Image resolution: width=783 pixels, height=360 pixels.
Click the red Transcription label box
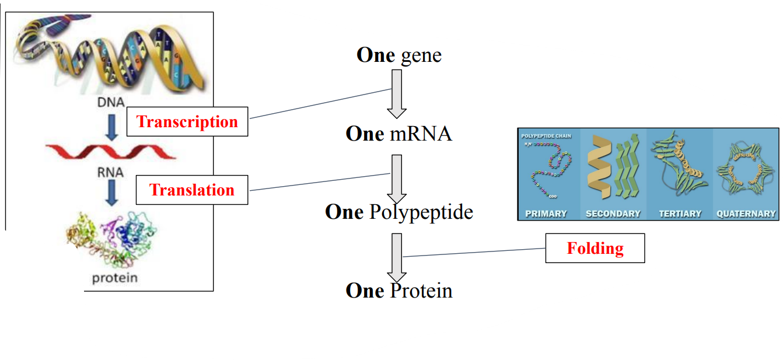pos(187,122)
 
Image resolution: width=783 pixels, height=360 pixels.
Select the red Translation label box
pos(192,190)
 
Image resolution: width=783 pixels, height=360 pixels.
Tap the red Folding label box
pos(595,249)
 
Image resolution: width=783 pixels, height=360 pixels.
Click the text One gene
pos(399,55)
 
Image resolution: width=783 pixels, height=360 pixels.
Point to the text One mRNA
pos(399,134)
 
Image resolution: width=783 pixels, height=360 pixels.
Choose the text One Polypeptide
pos(399,212)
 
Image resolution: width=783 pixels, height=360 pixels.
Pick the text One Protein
pos(399,291)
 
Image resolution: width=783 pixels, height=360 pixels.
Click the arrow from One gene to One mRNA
pos(397,93)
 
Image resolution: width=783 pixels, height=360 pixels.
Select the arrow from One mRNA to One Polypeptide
pos(397,178)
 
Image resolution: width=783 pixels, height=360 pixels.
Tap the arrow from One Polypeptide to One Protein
pos(397,257)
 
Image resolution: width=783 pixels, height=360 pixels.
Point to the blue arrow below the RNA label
pos(110,195)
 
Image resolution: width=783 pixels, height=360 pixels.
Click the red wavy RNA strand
pos(110,152)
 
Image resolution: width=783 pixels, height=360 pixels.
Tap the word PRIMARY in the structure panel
pos(546,214)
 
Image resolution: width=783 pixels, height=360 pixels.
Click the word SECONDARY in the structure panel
pos(613,214)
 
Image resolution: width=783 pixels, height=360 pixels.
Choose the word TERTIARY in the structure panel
pos(680,214)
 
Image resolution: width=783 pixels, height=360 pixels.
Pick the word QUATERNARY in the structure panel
pos(746,214)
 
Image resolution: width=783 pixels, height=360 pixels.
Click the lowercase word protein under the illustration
pos(115,278)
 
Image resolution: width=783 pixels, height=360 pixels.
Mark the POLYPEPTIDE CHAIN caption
pos(547,136)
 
